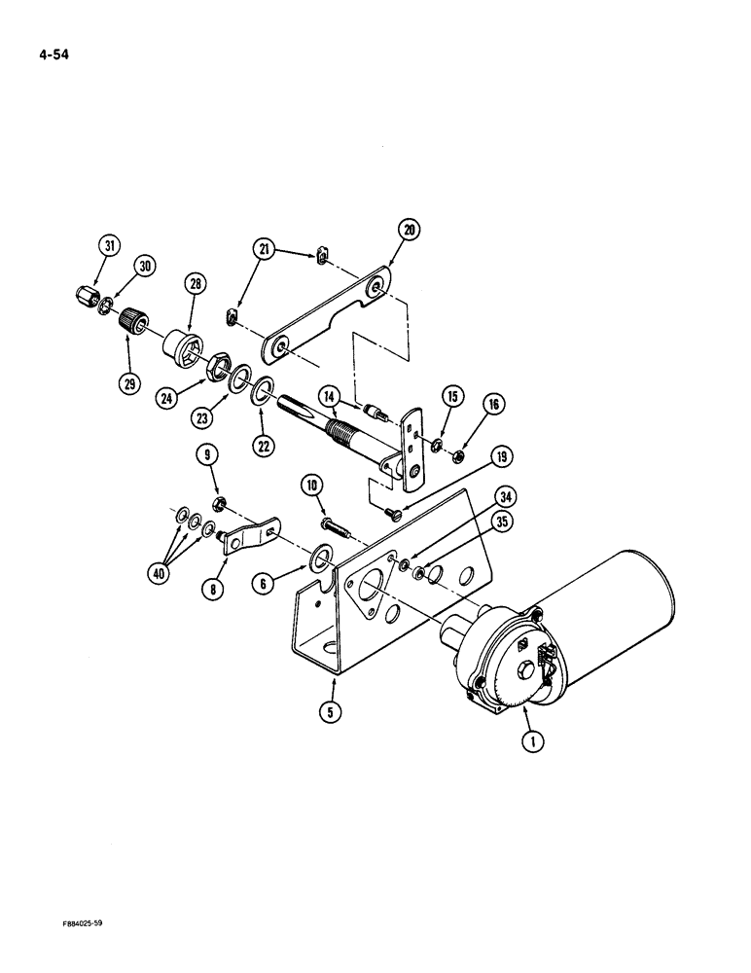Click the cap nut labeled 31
85,295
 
